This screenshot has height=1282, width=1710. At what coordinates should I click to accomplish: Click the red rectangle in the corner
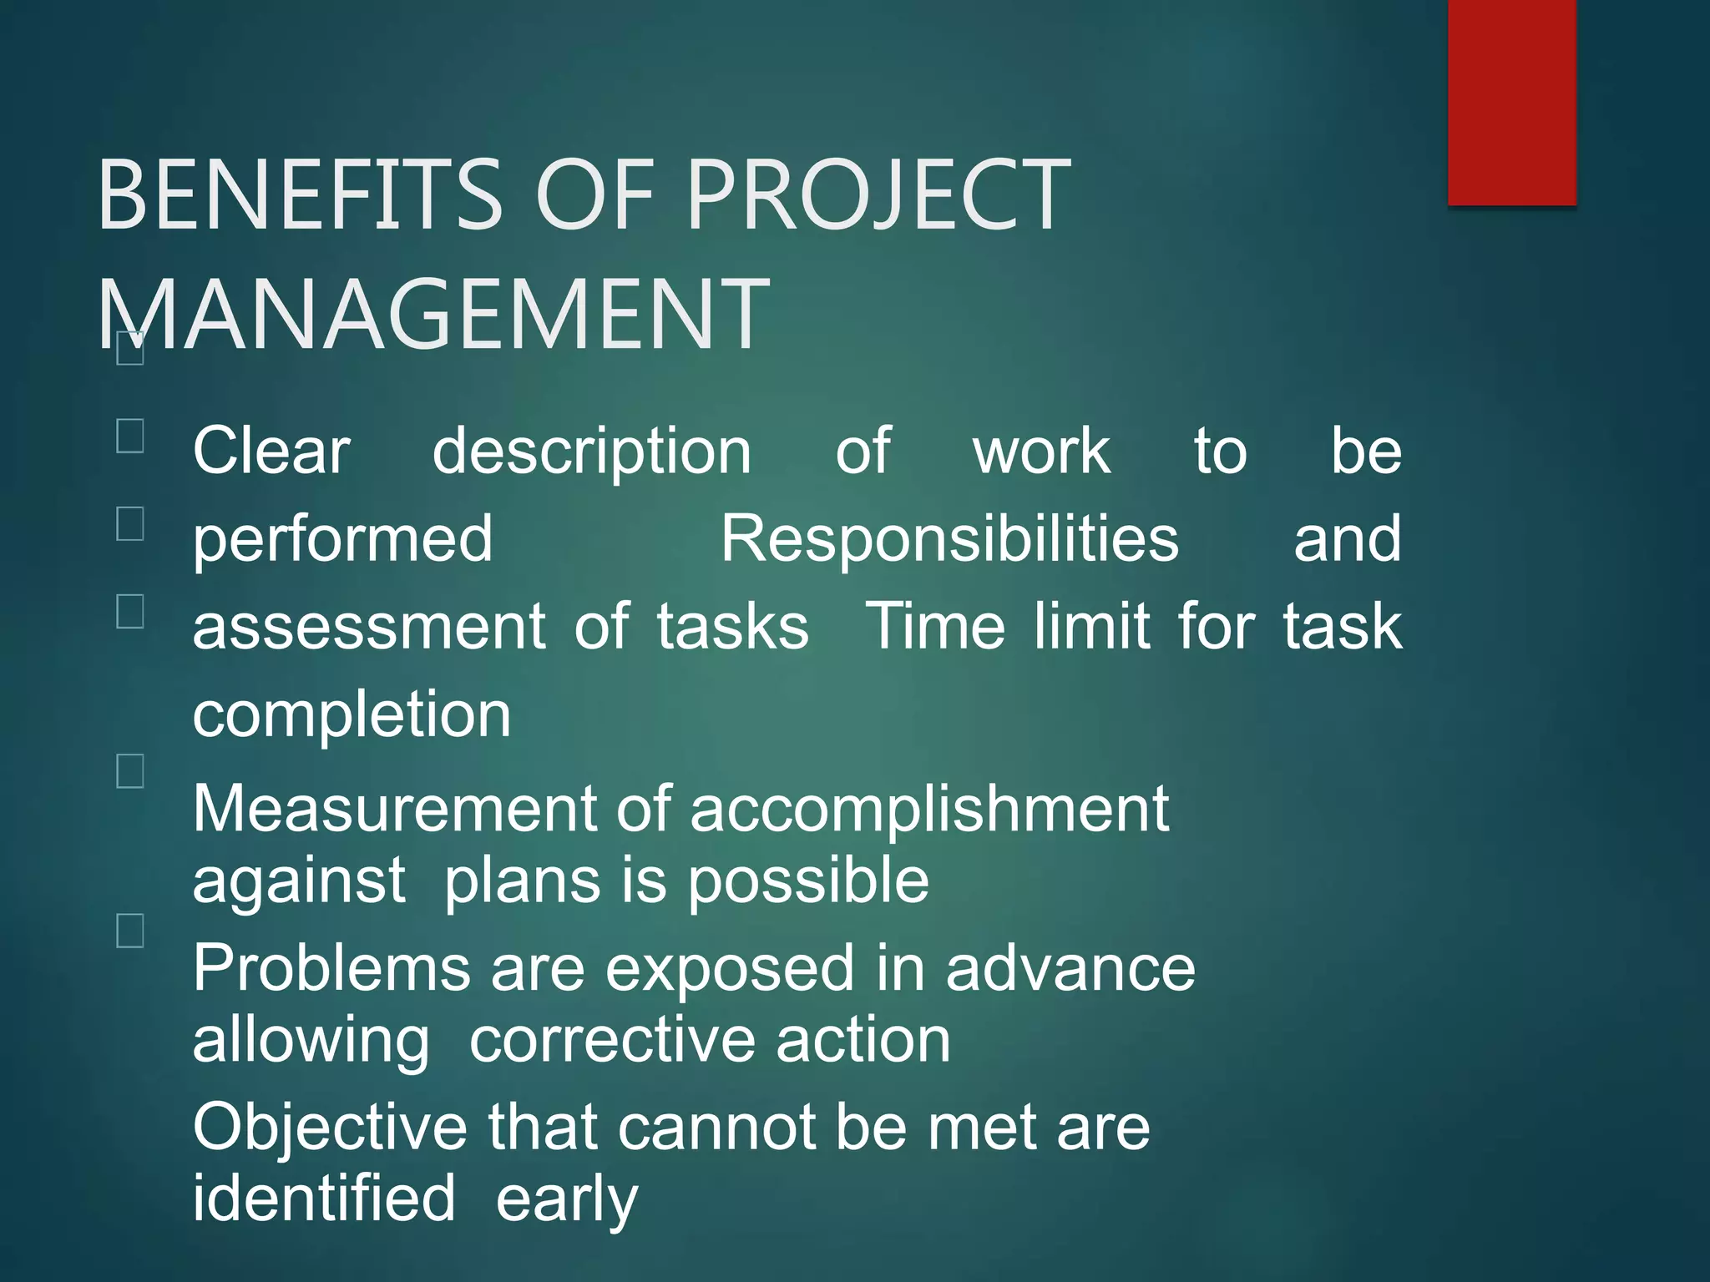click(1511, 102)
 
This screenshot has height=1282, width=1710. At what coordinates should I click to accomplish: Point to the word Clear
click(271, 452)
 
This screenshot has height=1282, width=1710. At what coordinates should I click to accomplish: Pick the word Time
click(936, 626)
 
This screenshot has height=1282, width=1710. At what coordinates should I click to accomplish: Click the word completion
click(352, 717)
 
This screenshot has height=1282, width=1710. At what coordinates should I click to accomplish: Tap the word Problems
click(331, 968)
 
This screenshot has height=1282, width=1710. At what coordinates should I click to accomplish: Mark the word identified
click(324, 1199)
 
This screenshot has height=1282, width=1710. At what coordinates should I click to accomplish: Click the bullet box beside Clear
click(130, 436)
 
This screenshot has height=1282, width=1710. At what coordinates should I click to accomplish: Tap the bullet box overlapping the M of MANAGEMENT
click(130, 348)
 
